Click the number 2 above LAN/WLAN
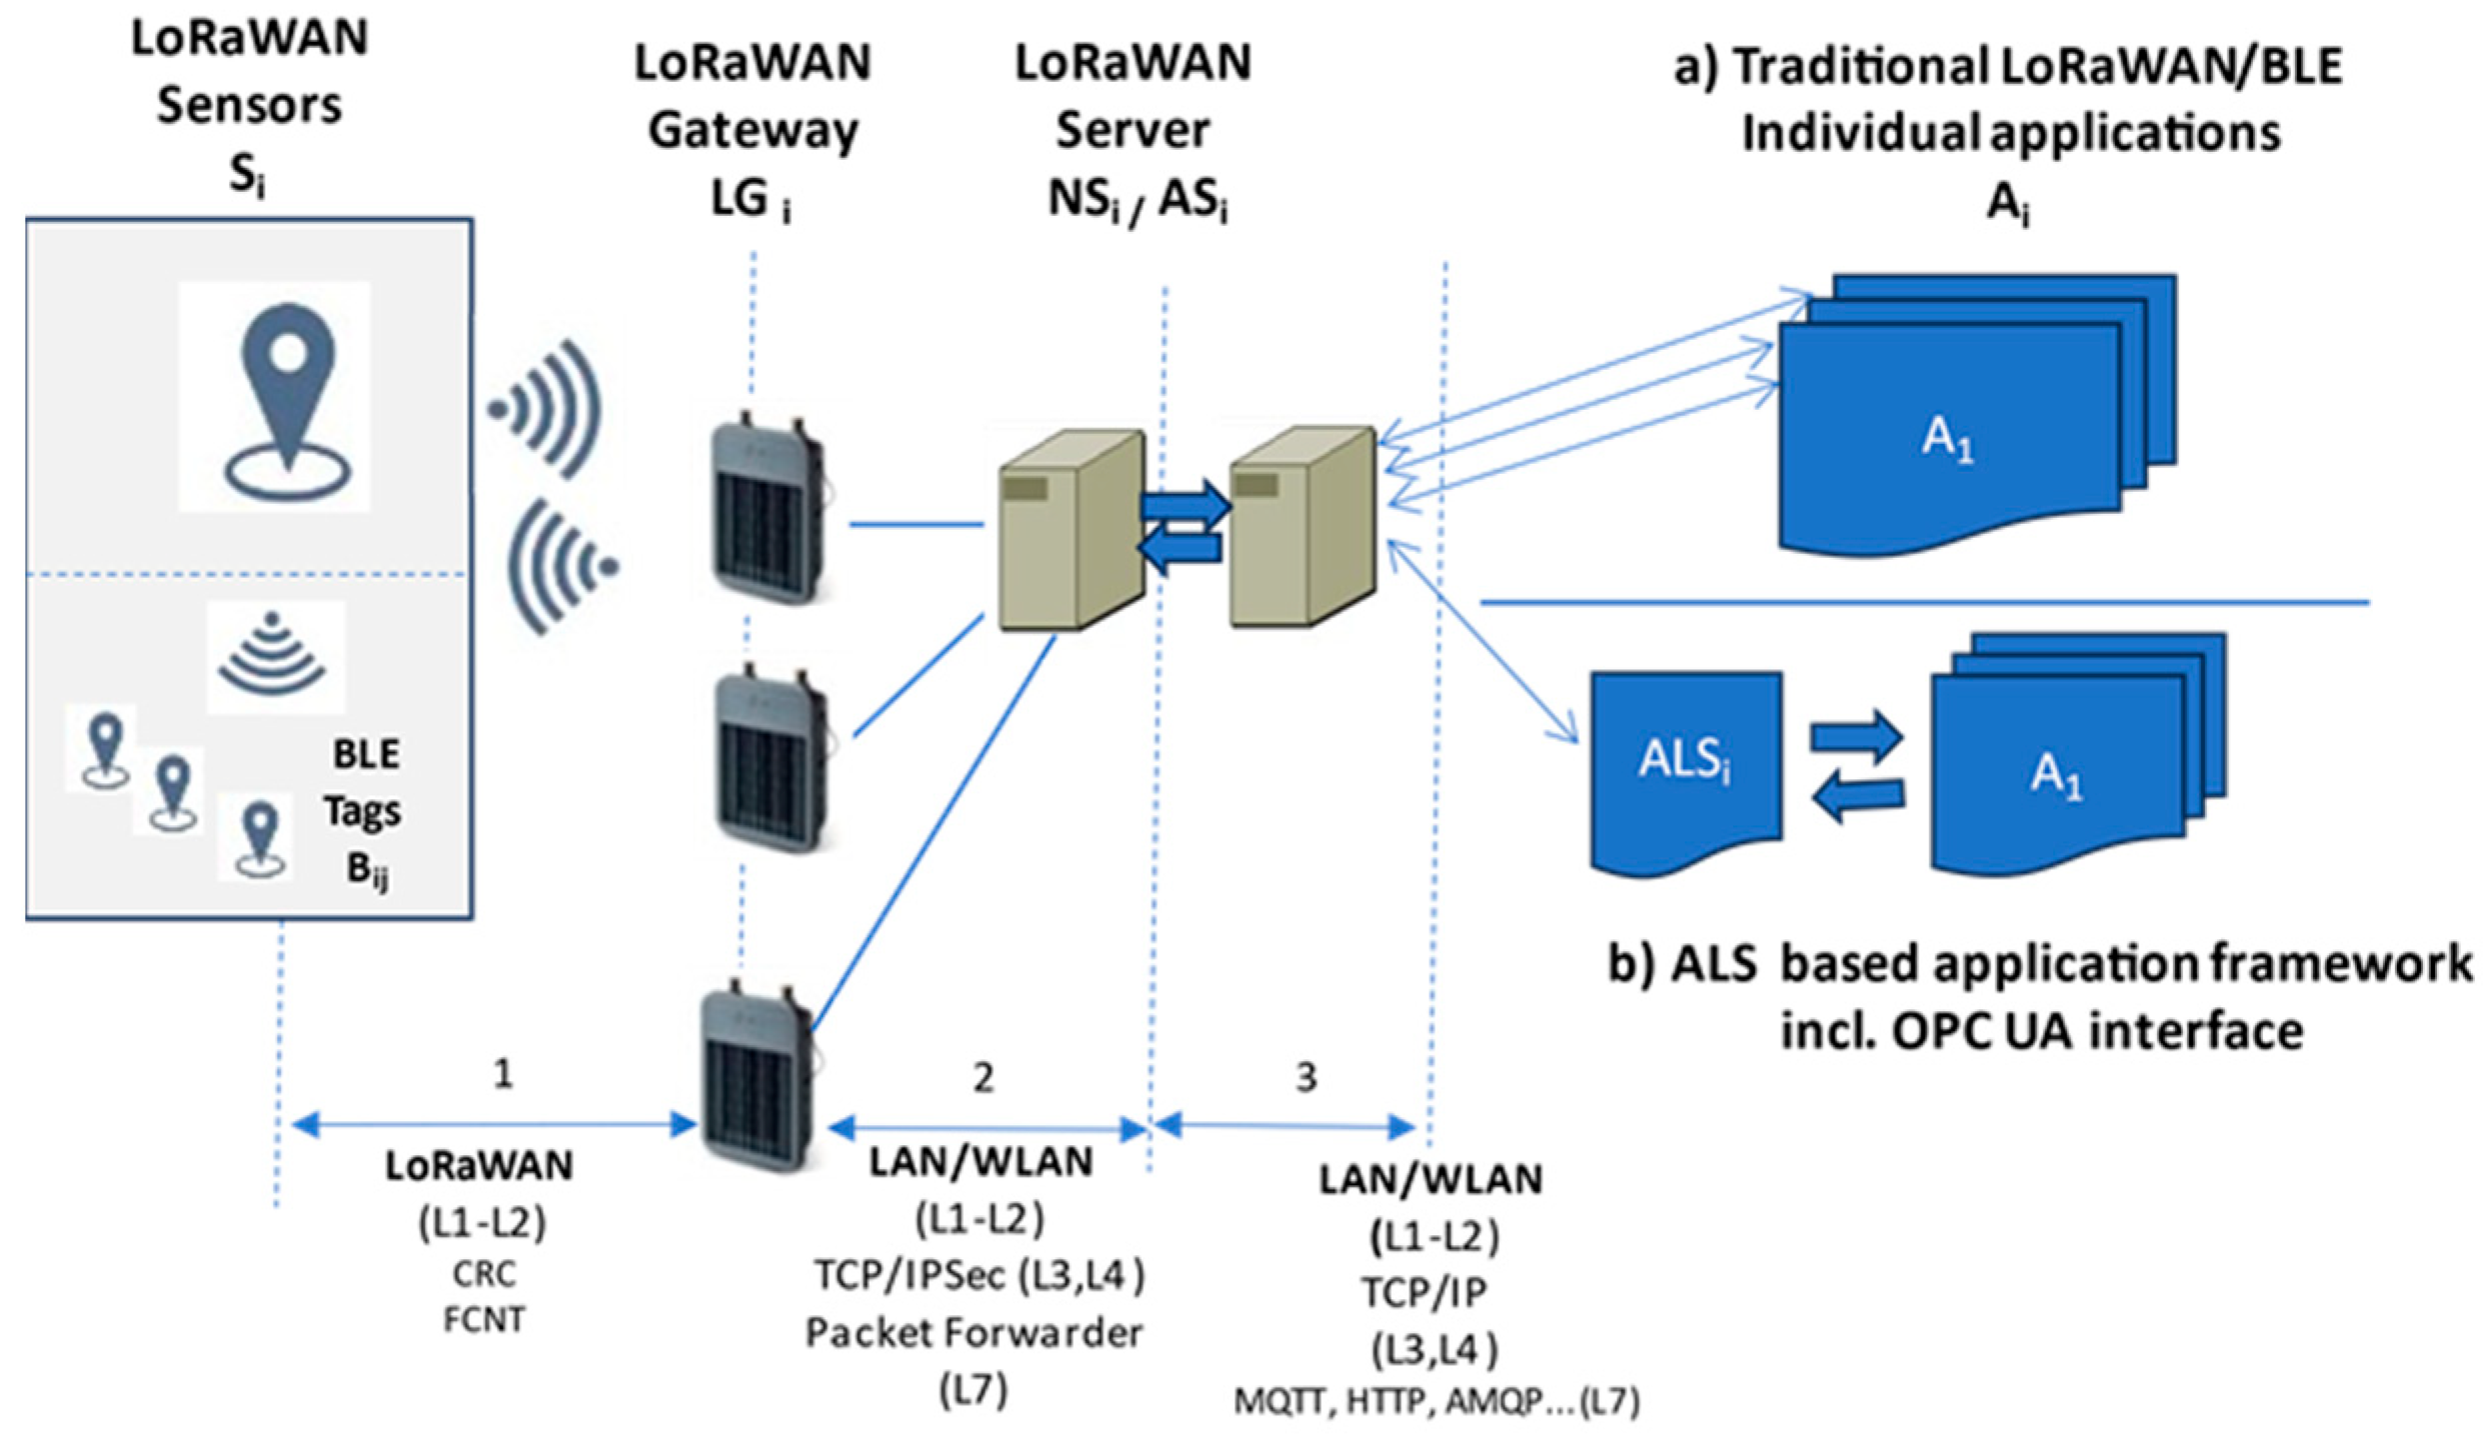pos(984,1077)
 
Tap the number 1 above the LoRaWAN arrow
pos(504,1074)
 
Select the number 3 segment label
pos(1305,1077)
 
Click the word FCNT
pos(484,1320)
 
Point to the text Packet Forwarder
pos(974,1333)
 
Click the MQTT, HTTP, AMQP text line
pos(1435,1403)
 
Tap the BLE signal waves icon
pos(273,656)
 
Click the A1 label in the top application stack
pos(1947,441)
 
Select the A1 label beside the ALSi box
pos(2055,775)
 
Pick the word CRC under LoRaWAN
pos(484,1274)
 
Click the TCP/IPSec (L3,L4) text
pos(978,1275)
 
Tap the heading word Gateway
pos(753,130)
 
